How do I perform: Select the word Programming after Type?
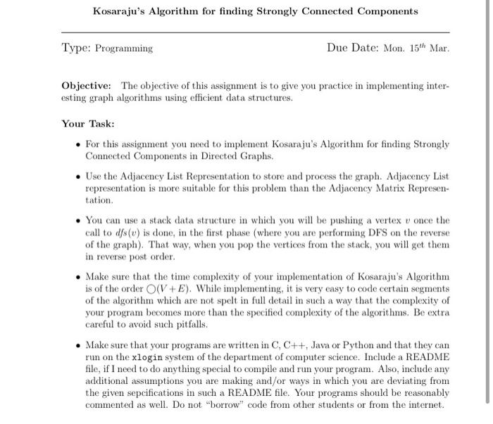coord(124,49)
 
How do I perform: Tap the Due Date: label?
coord(353,48)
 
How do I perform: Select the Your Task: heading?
coord(87,123)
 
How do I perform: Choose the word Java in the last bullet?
coord(306,345)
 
